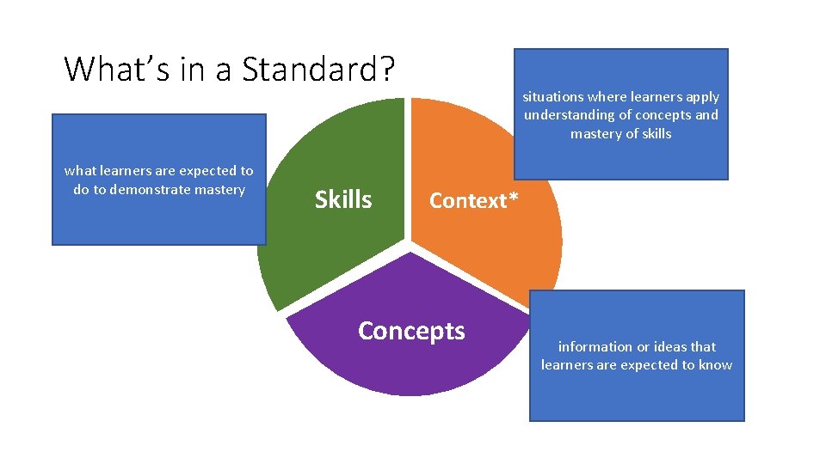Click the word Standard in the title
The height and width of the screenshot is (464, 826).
(x=309, y=69)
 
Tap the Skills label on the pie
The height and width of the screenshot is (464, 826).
(x=343, y=199)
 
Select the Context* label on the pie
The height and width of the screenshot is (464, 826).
(x=473, y=200)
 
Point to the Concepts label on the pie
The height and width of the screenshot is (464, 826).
(x=411, y=331)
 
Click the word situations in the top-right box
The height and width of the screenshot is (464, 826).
(x=552, y=97)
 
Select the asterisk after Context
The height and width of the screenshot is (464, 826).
(x=513, y=198)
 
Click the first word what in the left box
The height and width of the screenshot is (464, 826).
(x=80, y=171)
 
